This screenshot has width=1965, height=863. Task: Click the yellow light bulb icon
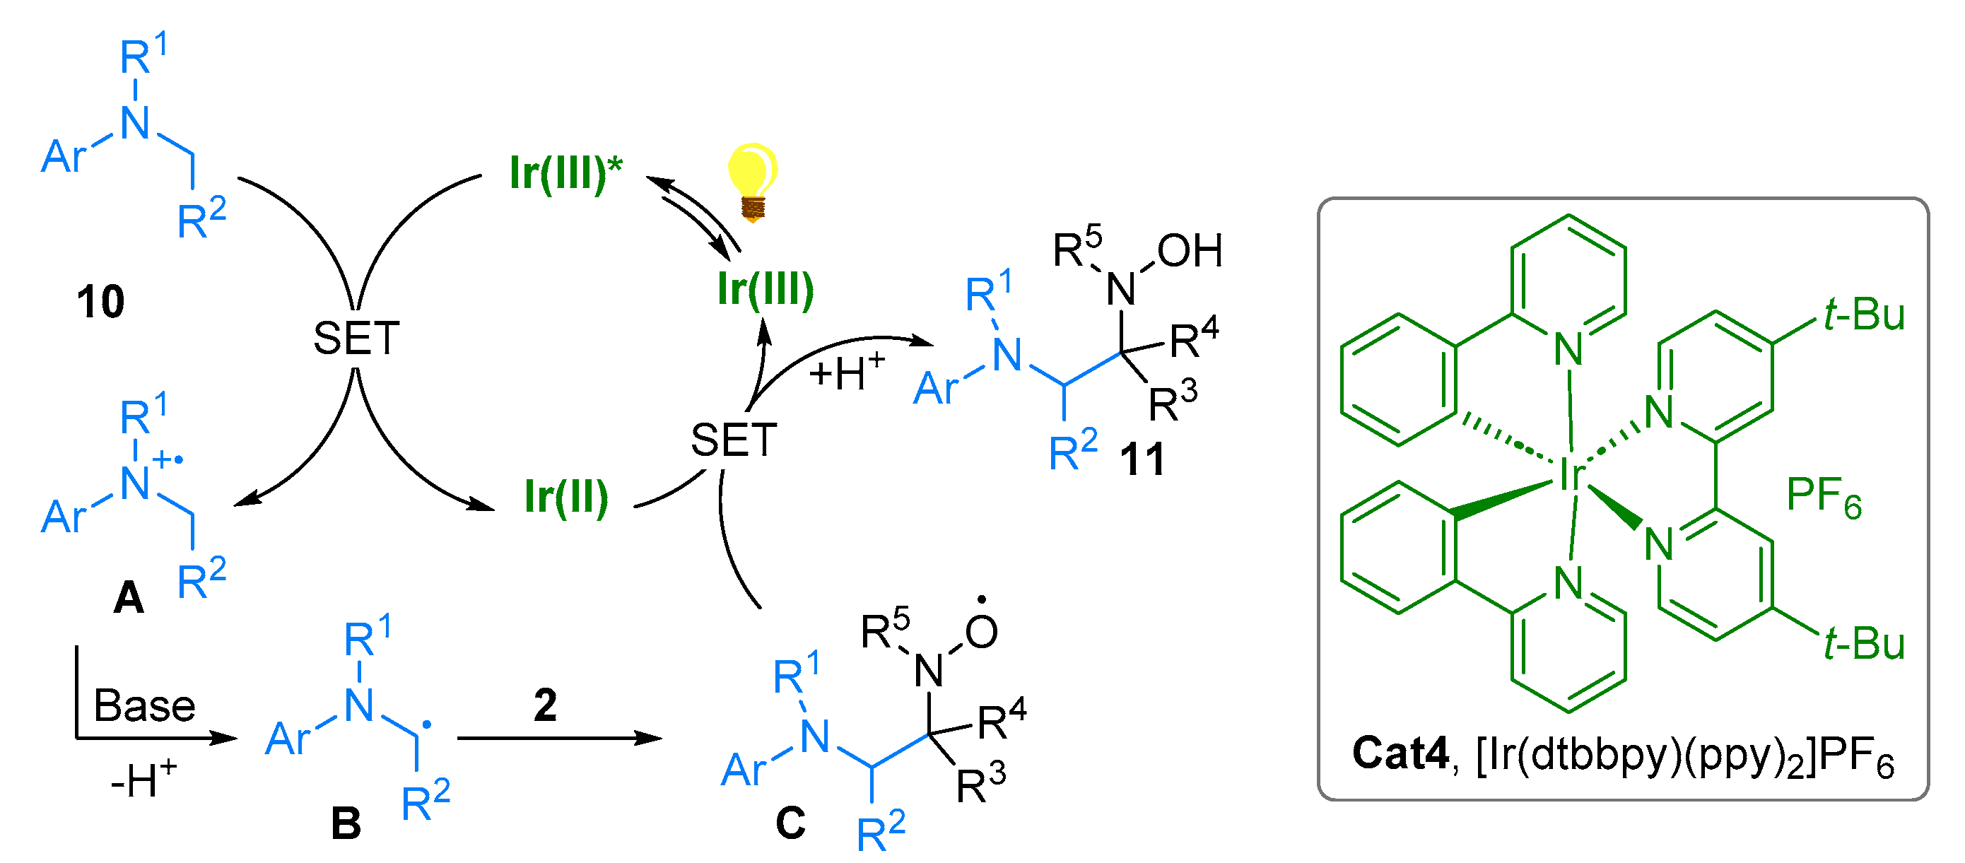[x=751, y=182]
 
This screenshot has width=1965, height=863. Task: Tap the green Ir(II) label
[x=566, y=497]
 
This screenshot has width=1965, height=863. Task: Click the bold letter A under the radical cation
[x=128, y=597]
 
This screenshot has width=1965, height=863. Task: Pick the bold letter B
[x=346, y=824]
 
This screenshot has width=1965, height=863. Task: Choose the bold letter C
[x=790, y=823]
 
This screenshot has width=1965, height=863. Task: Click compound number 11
[x=1142, y=460]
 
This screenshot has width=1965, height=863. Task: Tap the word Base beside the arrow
[x=144, y=706]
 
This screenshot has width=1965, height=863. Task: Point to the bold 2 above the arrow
[x=545, y=705]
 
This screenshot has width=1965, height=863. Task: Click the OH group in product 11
[x=1189, y=251]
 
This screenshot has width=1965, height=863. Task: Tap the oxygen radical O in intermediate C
[x=981, y=632]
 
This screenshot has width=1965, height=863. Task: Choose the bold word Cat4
[x=1400, y=753]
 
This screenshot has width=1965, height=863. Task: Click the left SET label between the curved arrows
[x=356, y=338]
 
